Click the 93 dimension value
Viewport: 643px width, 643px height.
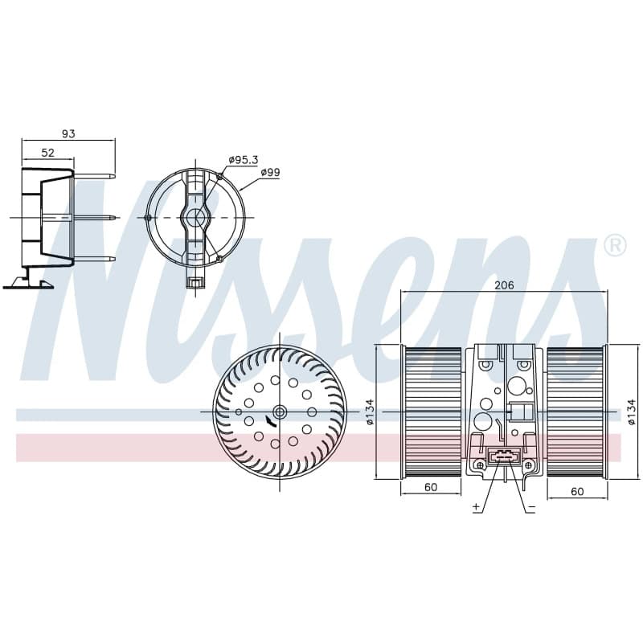click(68, 133)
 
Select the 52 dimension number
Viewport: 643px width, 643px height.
click(48, 153)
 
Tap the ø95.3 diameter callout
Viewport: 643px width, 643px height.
click(244, 160)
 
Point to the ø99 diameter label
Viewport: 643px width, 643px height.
click(271, 172)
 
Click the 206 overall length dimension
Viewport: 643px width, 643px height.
click(504, 285)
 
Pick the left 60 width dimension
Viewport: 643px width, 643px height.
click(431, 487)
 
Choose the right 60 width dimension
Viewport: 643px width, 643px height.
click(577, 491)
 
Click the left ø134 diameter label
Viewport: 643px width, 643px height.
click(370, 412)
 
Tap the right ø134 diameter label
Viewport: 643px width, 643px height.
click(632, 412)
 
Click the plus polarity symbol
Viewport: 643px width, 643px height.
click(476, 507)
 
